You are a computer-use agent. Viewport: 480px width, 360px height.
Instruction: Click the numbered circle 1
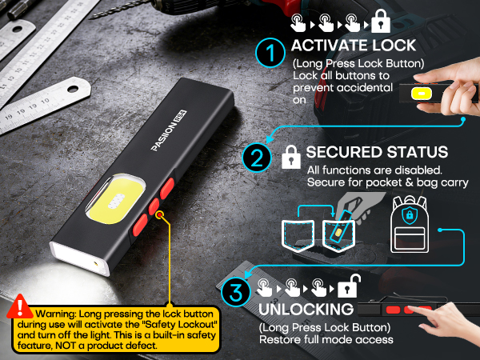(270, 55)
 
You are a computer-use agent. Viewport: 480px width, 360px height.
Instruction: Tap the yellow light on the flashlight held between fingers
(418, 93)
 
